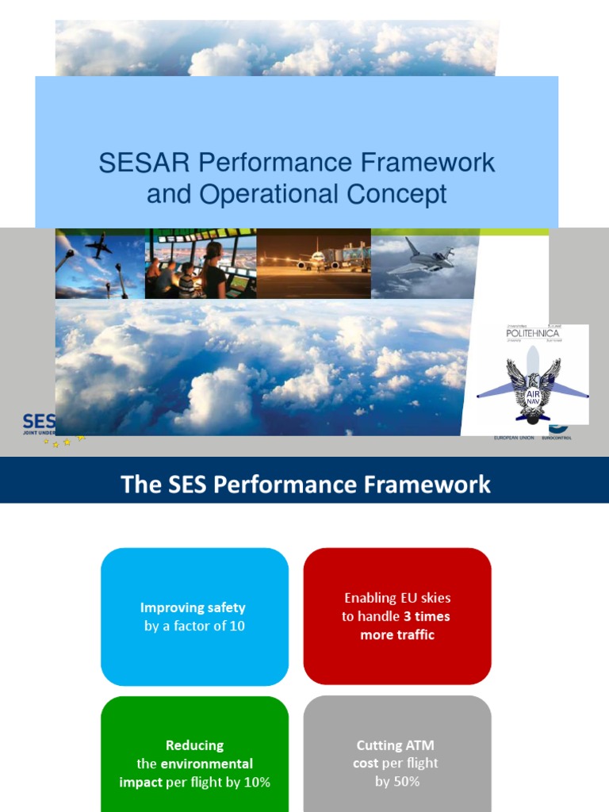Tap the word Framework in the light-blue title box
tap(428, 163)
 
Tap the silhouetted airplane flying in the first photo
tap(98, 246)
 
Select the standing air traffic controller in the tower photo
tap(213, 270)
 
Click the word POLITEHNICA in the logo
tap(532, 334)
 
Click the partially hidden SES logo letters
tap(38, 421)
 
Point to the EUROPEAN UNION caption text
tap(515, 438)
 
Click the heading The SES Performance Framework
tap(305, 484)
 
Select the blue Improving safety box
tap(194, 616)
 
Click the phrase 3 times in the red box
tap(426, 616)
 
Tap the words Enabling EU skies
tap(397, 598)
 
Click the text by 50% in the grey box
tap(397, 781)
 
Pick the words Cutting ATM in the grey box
tap(396, 745)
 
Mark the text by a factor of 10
tap(194, 626)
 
